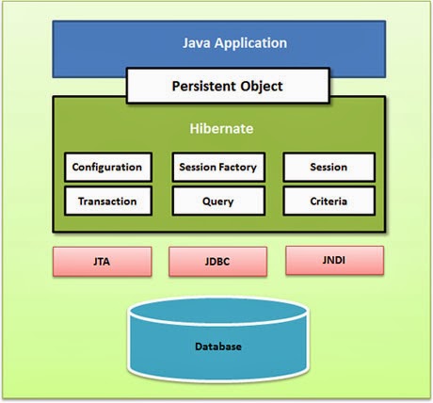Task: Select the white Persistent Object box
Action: coord(227,87)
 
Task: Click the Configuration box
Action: coord(107,168)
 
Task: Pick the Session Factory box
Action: coord(217,168)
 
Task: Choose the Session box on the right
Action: coord(329,168)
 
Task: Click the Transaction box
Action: coord(107,201)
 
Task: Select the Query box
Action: coord(217,201)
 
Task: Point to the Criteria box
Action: coord(329,201)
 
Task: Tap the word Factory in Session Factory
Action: coord(239,168)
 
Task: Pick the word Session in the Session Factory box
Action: coord(197,168)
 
